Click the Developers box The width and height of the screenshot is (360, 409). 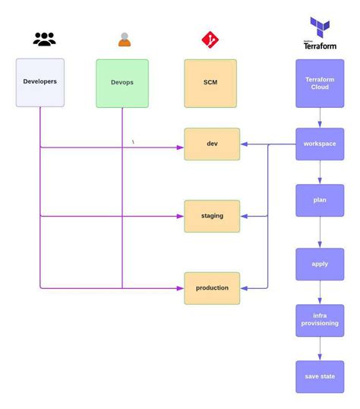[x=40, y=82]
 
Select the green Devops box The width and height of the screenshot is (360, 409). [x=122, y=83]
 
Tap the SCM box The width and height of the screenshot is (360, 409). [x=210, y=83]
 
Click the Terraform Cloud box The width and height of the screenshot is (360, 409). [x=320, y=83]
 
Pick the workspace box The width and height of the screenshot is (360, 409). [x=320, y=144]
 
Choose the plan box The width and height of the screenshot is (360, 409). [x=320, y=200]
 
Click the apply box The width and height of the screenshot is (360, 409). [x=320, y=264]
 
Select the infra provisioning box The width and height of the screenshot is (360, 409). [x=320, y=320]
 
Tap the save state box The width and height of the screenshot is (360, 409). [x=320, y=376]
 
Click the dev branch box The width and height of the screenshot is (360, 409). [x=212, y=144]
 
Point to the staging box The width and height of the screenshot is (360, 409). [x=212, y=216]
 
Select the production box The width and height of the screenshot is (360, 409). [x=212, y=288]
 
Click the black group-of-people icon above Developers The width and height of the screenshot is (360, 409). [x=45, y=40]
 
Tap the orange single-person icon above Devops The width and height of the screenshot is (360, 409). [x=125, y=40]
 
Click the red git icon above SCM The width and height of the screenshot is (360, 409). [x=210, y=40]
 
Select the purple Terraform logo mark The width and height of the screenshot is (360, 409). [x=320, y=27]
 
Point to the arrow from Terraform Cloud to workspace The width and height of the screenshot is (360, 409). [x=320, y=118]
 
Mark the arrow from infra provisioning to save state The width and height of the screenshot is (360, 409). [x=320, y=348]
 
